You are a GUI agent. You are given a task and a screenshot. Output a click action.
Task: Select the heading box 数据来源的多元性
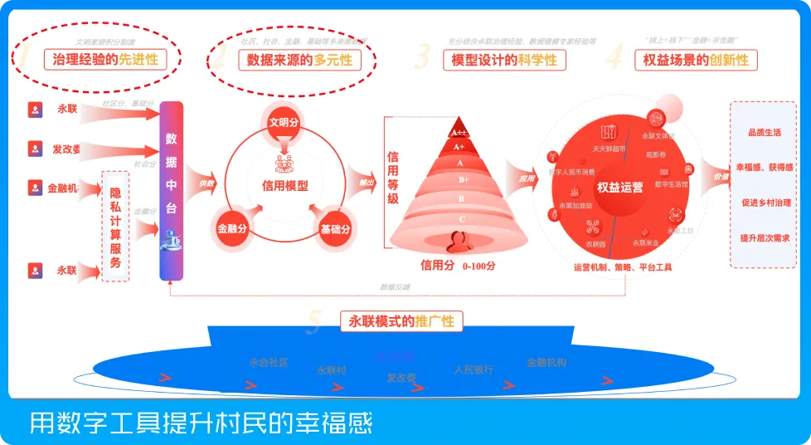point(299,61)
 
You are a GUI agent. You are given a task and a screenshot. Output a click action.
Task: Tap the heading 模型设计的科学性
point(503,61)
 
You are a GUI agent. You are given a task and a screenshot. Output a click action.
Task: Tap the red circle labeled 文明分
point(284,122)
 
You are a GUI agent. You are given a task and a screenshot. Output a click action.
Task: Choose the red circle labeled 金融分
point(233,227)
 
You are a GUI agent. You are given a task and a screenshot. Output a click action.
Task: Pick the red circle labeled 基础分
point(335,227)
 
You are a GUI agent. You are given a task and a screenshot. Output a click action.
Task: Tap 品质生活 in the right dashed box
point(764,132)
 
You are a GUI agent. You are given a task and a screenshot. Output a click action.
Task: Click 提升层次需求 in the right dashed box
point(764,237)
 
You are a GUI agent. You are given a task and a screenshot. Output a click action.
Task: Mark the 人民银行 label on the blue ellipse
point(473,370)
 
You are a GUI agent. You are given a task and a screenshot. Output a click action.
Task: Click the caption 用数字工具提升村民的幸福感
point(202,423)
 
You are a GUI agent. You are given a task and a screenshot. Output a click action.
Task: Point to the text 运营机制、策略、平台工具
point(622,268)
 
